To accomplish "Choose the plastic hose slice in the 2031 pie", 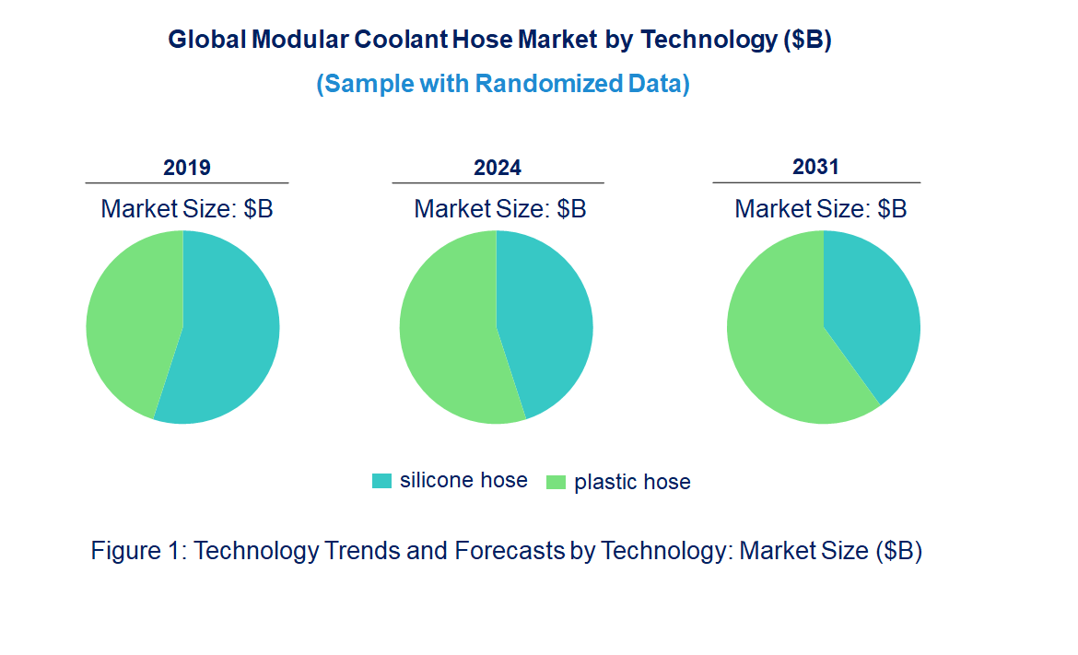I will pyautogui.click(x=779, y=345).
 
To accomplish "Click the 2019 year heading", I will pyautogui.click(x=187, y=168).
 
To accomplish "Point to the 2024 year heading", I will pyautogui.click(x=498, y=168).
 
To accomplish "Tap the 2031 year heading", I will pyautogui.click(x=816, y=167).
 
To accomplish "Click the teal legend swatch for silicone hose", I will pyautogui.click(x=381, y=481).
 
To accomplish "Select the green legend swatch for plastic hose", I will pyautogui.click(x=556, y=482).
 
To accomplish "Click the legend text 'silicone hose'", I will pyautogui.click(x=463, y=480).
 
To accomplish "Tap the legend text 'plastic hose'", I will pyautogui.click(x=632, y=482).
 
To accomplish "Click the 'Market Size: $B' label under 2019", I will pyautogui.click(x=187, y=208).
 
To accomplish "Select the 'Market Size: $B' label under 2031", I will pyautogui.click(x=821, y=208).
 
